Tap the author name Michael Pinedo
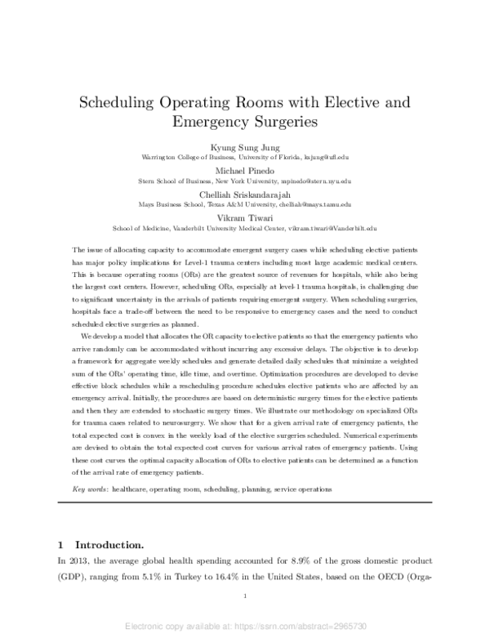pos(245,170)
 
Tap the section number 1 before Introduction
pos(61,544)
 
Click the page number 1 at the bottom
pos(245,597)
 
